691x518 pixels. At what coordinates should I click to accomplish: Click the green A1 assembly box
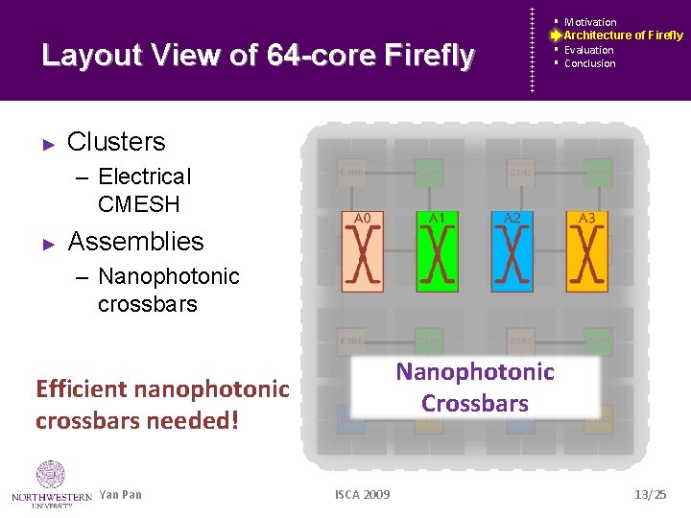[x=437, y=250]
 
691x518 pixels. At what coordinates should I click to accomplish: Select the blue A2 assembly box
[x=512, y=250]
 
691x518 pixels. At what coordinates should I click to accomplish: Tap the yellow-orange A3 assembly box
[x=586, y=250]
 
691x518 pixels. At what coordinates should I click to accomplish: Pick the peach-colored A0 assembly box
[x=362, y=250]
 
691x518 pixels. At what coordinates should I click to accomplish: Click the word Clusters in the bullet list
[x=116, y=142]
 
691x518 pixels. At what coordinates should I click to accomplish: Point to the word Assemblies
[x=135, y=242]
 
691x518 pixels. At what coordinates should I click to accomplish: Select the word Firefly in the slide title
[x=428, y=56]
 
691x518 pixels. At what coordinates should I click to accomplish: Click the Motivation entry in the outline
[x=590, y=22]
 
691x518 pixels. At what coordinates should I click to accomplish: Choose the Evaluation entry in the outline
[x=588, y=50]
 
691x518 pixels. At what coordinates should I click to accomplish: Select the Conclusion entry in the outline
[x=589, y=63]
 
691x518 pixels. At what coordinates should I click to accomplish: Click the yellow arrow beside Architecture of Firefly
[x=556, y=35]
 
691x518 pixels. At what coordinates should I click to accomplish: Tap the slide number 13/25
[x=650, y=494]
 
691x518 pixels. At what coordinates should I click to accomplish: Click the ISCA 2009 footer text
[x=362, y=495]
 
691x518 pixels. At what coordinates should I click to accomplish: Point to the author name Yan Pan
[x=120, y=495]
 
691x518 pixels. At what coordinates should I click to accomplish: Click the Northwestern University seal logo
[x=50, y=476]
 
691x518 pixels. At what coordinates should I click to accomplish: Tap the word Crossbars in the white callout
[x=475, y=403]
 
